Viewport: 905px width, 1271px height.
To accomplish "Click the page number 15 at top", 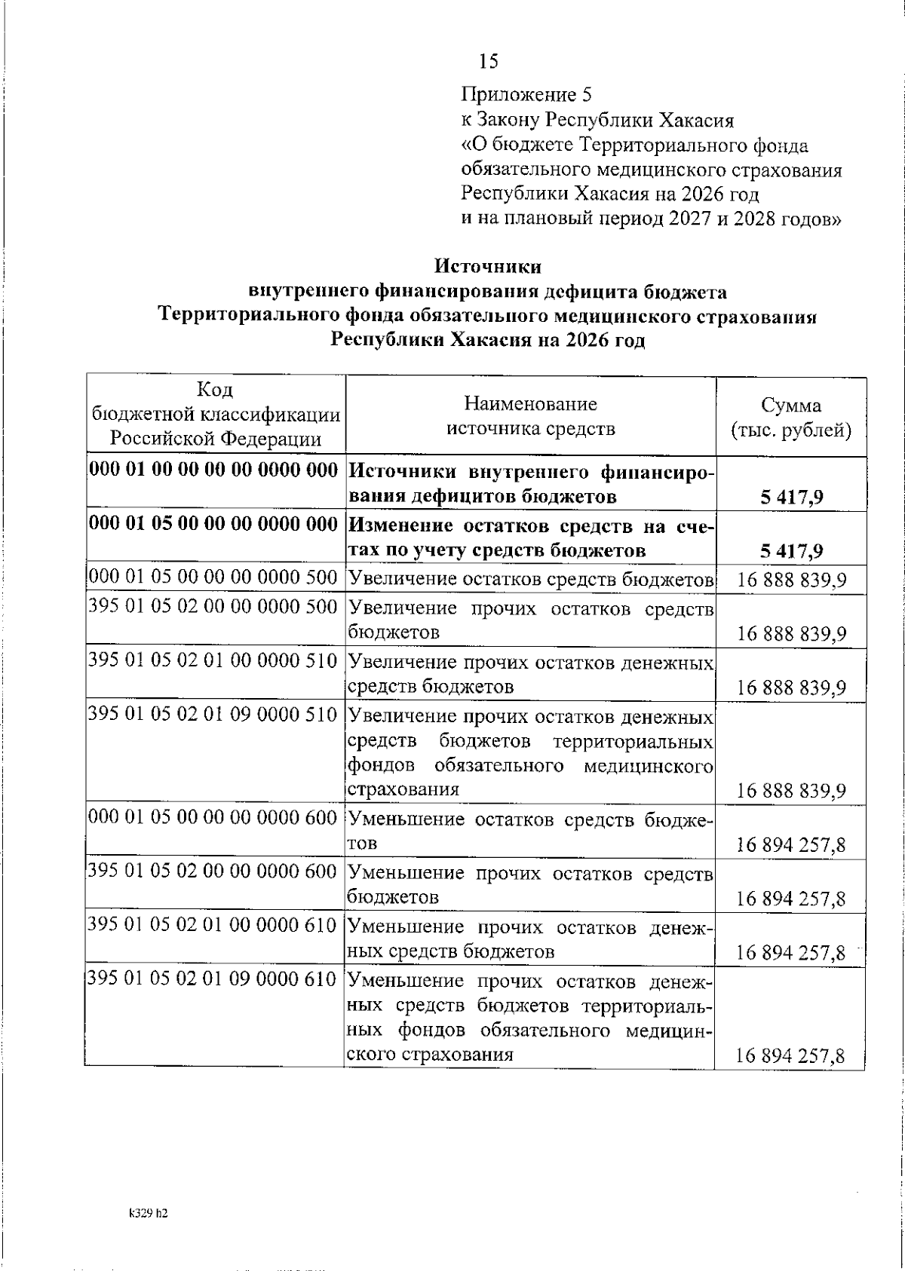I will pyautogui.click(x=488, y=61).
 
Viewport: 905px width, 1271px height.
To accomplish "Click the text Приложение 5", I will pyautogui.click(x=526, y=95).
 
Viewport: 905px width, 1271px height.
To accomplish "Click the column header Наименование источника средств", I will pyautogui.click(x=530, y=416).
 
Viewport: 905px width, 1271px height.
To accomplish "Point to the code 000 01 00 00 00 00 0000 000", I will pyautogui.click(x=213, y=471).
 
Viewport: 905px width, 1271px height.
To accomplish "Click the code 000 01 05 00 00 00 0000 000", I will pyautogui.click(x=213, y=525).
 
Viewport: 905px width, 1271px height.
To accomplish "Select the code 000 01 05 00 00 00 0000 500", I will pyautogui.click(x=213, y=578).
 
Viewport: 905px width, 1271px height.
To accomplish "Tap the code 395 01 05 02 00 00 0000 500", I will pyautogui.click(x=213, y=607).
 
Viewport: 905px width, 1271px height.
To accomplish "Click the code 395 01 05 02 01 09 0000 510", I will pyautogui.click(x=213, y=714).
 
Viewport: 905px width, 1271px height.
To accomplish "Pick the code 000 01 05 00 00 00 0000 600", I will pyautogui.click(x=213, y=818).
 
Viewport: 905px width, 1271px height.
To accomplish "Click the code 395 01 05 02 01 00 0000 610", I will pyautogui.click(x=213, y=925).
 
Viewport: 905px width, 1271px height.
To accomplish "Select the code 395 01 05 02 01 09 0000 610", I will pyautogui.click(x=213, y=979).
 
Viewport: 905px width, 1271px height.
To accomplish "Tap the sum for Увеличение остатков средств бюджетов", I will pyautogui.click(x=791, y=580).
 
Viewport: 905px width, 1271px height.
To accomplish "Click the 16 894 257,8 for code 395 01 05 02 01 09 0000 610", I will pyautogui.click(x=791, y=1057).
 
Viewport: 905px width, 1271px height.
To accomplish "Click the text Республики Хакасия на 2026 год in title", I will pyautogui.click(x=488, y=340).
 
